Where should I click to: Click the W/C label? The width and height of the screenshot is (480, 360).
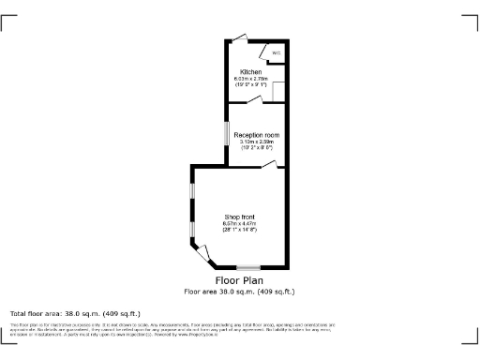pyautogui.click(x=277, y=52)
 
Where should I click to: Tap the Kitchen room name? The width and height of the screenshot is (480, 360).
pyautogui.click(x=250, y=72)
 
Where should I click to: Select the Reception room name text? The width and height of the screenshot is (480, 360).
pyautogui.click(x=257, y=135)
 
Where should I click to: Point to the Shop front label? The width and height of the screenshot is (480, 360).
pyautogui.click(x=239, y=217)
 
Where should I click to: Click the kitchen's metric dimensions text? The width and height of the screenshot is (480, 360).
pyautogui.click(x=250, y=79)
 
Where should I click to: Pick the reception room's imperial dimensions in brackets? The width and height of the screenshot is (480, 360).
pyautogui.click(x=257, y=148)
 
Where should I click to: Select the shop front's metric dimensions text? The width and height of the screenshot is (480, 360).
pyautogui.click(x=239, y=223)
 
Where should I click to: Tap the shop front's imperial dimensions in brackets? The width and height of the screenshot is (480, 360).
pyautogui.click(x=239, y=230)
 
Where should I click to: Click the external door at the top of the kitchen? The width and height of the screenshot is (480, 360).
pyautogui.click(x=241, y=37)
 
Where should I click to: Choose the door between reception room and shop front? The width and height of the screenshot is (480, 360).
pyautogui.click(x=270, y=164)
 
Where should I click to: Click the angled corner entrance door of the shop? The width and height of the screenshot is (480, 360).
pyautogui.click(x=202, y=251)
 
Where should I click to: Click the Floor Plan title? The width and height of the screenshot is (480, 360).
pyautogui.click(x=239, y=280)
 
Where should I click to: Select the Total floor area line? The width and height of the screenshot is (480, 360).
pyautogui.click(x=75, y=313)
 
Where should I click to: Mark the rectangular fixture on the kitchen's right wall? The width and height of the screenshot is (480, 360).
pyautogui.click(x=277, y=90)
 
